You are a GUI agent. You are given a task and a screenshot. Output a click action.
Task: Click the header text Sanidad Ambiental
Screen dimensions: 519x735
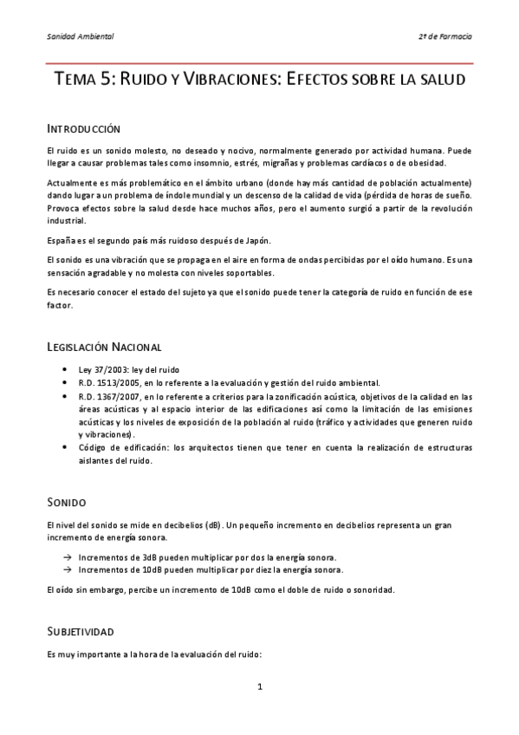point(80,36)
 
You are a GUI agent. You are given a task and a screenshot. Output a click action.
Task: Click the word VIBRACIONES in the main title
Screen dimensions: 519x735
point(224,80)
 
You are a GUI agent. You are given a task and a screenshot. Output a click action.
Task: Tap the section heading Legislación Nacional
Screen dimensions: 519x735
point(104,348)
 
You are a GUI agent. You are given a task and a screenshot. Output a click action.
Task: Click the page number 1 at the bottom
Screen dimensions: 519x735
point(259,687)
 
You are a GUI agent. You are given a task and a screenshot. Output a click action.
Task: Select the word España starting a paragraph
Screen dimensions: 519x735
point(62,239)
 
